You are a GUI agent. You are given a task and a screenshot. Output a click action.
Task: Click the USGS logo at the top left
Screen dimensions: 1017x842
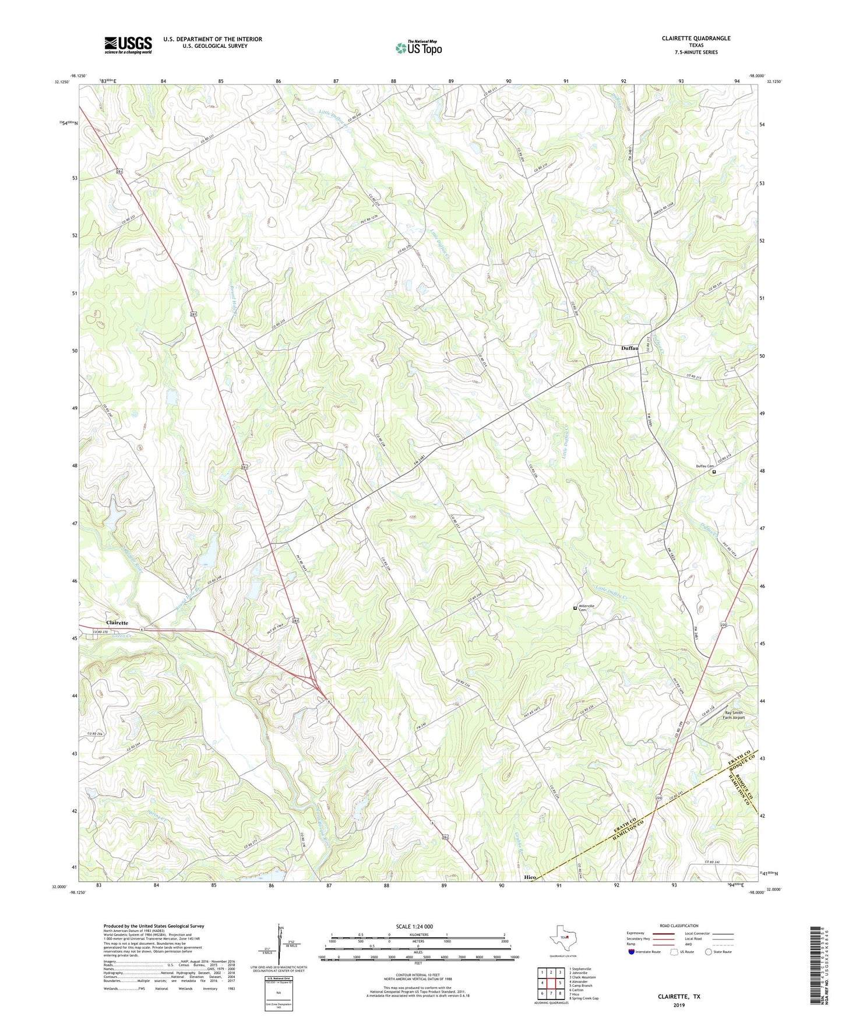[x=128, y=45]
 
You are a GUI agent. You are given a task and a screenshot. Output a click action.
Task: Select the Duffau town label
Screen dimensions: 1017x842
[x=629, y=348]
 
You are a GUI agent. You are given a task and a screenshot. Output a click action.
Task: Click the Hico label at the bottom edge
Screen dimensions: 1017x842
[x=530, y=877]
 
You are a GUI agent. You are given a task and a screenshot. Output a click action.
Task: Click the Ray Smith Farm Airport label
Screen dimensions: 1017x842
[x=734, y=715]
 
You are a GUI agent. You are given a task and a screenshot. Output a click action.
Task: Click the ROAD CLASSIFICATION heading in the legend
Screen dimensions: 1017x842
[x=679, y=926]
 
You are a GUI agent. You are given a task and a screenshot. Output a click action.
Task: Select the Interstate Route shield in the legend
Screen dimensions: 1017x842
[x=632, y=952]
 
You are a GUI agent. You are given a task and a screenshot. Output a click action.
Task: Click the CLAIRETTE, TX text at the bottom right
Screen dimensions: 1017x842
[x=679, y=997]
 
